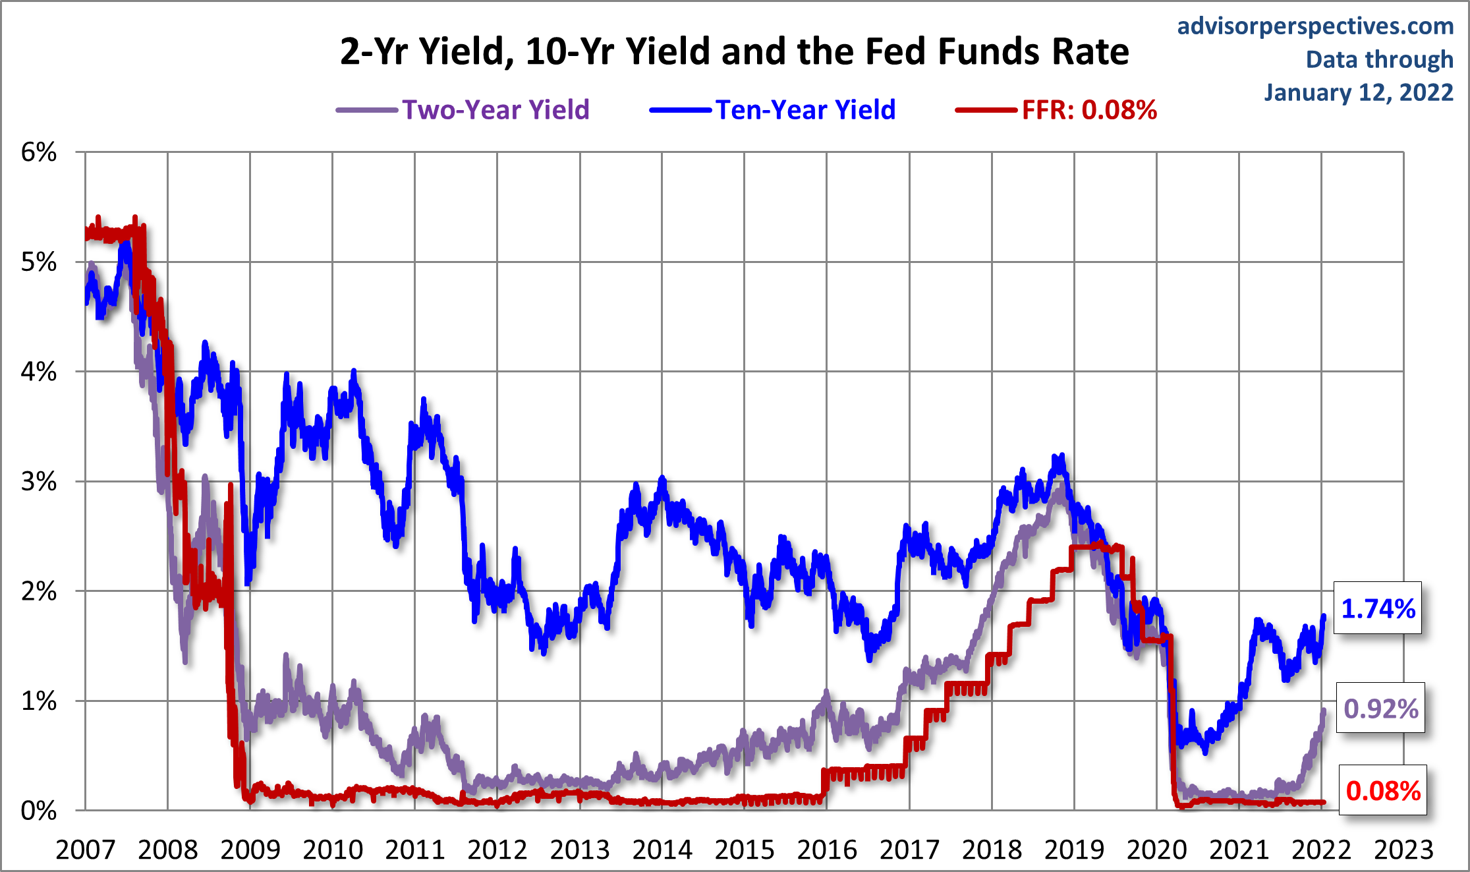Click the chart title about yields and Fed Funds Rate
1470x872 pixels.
click(x=734, y=52)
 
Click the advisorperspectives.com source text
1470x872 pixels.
click(x=1315, y=26)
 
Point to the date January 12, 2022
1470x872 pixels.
click(x=1358, y=92)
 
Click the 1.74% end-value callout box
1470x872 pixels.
click(x=1378, y=608)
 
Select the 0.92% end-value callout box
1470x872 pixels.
click(x=1380, y=709)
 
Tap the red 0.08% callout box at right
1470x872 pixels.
click(x=1383, y=790)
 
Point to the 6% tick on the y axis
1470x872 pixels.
click(x=39, y=152)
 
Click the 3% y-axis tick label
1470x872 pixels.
click(x=39, y=482)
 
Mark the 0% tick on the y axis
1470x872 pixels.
click(x=39, y=811)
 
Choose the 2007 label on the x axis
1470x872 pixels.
click(x=85, y=850)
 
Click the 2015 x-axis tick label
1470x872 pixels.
click(x=745, y=850)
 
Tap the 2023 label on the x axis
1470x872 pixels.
click(x=1403, y=850)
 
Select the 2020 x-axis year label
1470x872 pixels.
click(x=1156, y=850)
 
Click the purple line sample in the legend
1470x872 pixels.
click(x=367, y=110)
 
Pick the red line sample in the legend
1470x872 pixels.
click(x=986, y=110)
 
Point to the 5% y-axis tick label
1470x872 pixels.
click(x=39, y=262)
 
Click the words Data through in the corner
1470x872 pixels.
click(x=1379, y=59)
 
